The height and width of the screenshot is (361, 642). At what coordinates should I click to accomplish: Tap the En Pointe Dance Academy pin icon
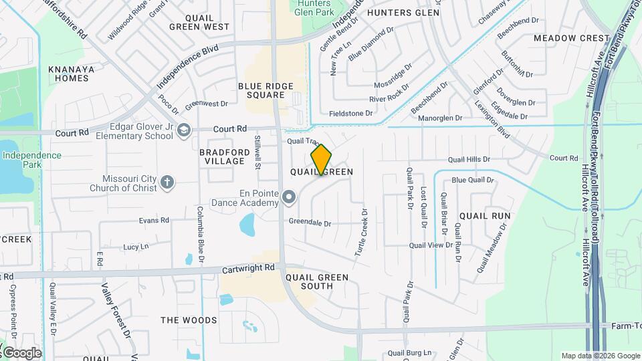point(289,197)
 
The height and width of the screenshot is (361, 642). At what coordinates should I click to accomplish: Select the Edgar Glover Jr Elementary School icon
point(184,130)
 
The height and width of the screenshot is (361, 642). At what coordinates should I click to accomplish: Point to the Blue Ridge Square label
point(262,90)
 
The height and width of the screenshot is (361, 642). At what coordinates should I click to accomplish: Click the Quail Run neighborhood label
point(485,216)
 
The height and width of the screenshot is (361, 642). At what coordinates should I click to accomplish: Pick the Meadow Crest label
point(572,38)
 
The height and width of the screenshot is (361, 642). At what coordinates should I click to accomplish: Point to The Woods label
point(189,320)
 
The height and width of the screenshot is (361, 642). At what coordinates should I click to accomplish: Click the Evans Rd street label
point(154,221)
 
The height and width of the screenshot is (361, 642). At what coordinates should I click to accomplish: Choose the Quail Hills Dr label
point(469,160)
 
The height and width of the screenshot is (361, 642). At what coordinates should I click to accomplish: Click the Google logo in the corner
point(22,352)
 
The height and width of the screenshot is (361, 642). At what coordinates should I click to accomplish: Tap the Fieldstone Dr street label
point(352,114)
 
